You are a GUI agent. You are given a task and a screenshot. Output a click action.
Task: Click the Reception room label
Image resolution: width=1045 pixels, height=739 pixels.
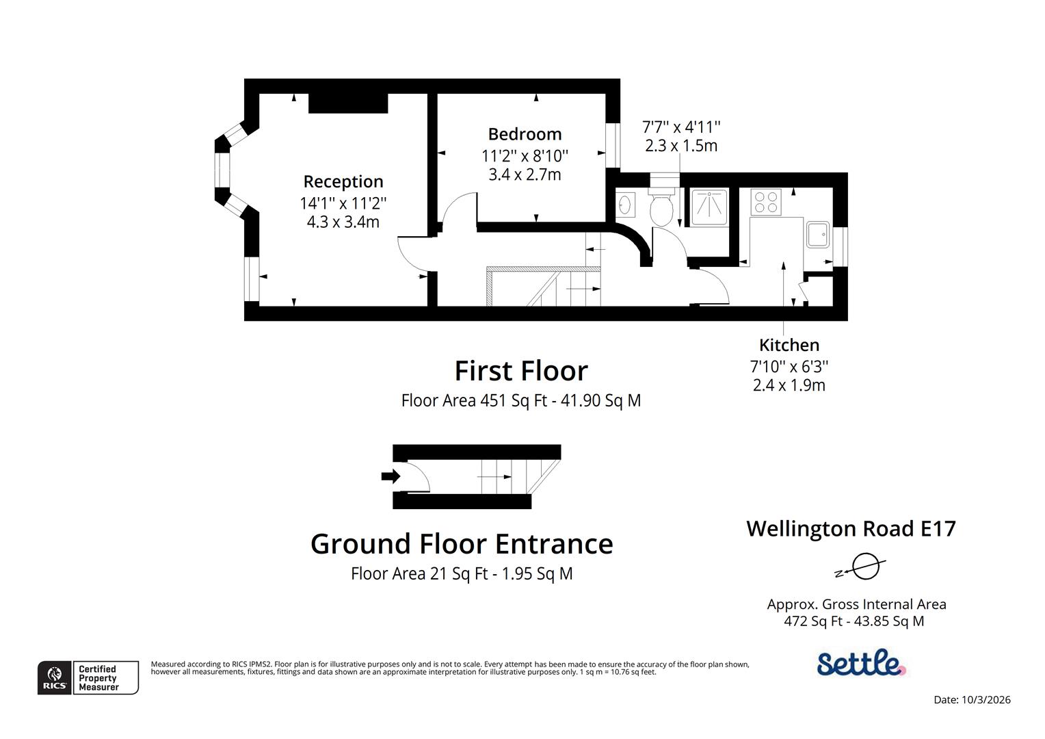point(343,182)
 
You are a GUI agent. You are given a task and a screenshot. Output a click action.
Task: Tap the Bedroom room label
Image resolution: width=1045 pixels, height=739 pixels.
point(525,134)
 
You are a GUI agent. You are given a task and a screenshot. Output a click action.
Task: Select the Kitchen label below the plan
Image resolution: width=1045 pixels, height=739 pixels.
point(789,345)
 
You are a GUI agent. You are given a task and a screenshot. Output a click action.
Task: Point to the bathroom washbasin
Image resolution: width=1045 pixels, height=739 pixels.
point(625,205)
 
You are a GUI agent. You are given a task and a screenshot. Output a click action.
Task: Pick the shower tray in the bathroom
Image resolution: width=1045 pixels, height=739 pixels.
point(709,206)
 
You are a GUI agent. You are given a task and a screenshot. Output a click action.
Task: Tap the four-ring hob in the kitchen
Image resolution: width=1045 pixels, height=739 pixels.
point(765,202)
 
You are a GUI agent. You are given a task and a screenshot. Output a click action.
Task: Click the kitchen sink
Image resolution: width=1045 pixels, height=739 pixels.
point(817,234)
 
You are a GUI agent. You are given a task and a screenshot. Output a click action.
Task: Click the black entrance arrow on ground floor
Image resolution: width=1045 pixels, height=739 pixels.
point(390,476)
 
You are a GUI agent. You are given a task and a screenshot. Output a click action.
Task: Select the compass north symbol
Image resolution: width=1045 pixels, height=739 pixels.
point(864,567)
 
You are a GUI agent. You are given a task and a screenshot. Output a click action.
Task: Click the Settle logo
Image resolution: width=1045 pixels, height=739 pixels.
point(861,662)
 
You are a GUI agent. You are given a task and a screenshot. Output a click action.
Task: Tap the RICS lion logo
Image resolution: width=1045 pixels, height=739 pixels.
point(55,677)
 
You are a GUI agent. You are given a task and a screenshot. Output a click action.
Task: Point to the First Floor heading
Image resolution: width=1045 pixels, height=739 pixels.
point(521,371)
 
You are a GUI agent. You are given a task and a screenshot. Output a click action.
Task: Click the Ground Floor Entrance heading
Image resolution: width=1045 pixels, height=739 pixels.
point(462,544)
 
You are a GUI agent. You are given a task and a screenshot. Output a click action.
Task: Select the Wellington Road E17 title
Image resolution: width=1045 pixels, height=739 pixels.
point(851,529)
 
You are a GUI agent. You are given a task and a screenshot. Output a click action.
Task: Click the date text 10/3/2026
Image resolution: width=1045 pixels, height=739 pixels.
point(986,699)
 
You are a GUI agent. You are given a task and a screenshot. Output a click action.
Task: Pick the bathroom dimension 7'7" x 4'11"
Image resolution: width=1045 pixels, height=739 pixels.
point(681,127)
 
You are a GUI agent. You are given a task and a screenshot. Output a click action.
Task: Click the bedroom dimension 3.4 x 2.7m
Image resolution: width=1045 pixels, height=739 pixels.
point(525,174)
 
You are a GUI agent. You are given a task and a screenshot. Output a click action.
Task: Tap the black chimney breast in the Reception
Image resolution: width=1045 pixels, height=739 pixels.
point(348,103)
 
